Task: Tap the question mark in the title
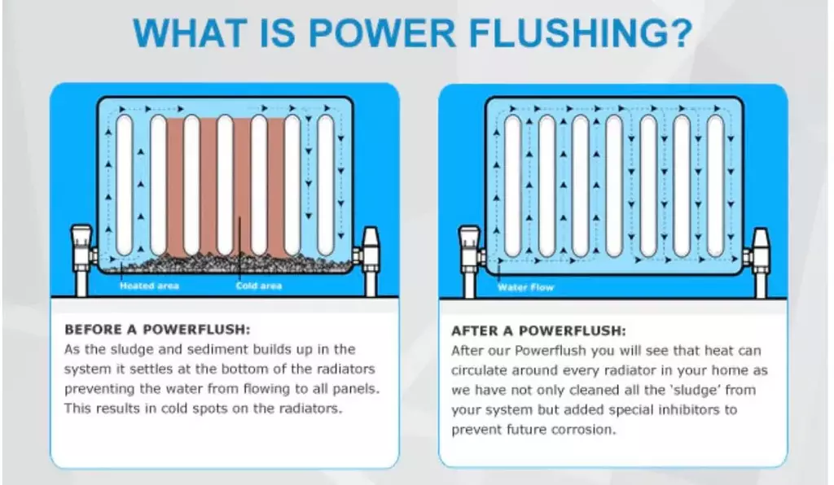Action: click(x=678, y=33)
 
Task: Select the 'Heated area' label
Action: click(x=150, y=286)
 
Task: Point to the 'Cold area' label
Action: click(x=259, y=286)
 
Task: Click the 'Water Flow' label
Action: click(x=525, y=287)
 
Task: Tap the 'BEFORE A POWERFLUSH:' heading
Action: click(x=157, y=330)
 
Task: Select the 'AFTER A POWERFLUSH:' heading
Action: click(x=539, y=331)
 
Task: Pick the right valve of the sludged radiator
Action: click(x=369, y=261)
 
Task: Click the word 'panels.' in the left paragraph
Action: click(x=357, y=389)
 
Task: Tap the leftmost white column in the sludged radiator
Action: click(x=124, y=186)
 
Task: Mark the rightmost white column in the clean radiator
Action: click(x=715, y=186)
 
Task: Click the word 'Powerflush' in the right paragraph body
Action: click(x=547, y=351)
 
